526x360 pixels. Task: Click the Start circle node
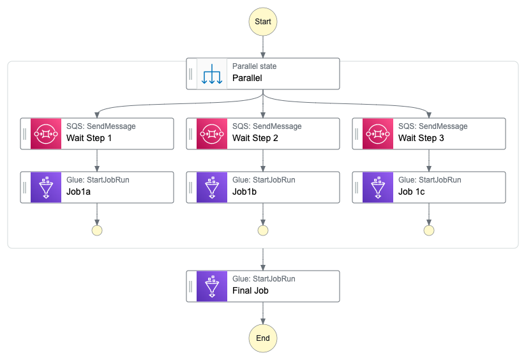(263, 21)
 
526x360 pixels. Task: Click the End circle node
(263, 338)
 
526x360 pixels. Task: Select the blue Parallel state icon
(212, 74)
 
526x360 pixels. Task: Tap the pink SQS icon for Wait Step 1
(46, 133)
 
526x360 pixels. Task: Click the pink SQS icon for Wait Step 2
(212, 133)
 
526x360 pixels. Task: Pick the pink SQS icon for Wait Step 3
(378, 133)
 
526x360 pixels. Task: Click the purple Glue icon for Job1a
(46, 187)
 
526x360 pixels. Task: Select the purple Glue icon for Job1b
(212, 187)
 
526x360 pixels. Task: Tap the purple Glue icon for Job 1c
(378, 187)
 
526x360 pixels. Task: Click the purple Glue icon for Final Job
(212, 286)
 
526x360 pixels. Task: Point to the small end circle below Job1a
(97, 230)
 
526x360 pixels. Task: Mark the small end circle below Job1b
(263, 230)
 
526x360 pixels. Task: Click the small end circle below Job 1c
(429, 230)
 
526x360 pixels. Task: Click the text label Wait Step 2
(255, 138)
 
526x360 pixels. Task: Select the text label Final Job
(250, 290)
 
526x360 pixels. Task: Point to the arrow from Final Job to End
(263, 312)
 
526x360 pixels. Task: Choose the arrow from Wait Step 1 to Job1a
(97, 160)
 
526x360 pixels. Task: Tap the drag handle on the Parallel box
(191, 74)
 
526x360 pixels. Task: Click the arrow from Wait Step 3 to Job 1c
(429, 160)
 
